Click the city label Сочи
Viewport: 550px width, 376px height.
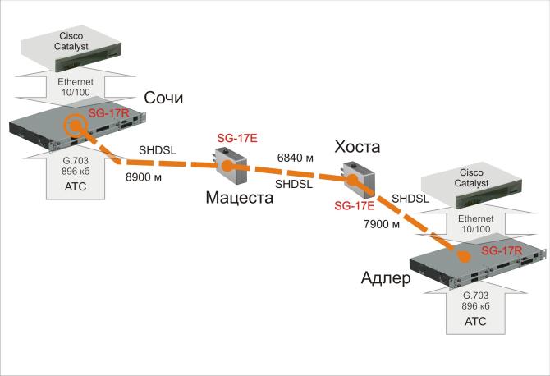(x=163, y=99)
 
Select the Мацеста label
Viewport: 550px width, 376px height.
(x=239, y=197)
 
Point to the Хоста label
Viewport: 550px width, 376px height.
(x=358, y=148)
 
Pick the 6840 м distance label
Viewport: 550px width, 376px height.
(x=295, y=157)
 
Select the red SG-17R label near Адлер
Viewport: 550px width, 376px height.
(x=502, y=250)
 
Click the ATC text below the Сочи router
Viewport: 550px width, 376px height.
(x=75, y=186)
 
